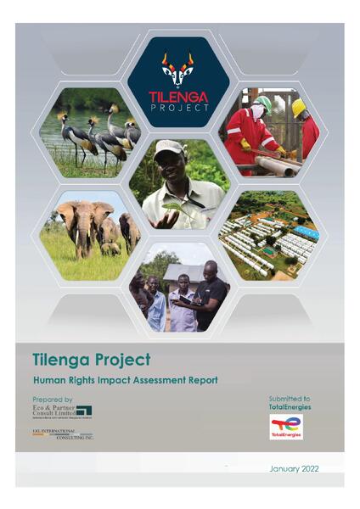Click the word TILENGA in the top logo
click(x=178, y=95)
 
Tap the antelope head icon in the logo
click(x=178, y=68)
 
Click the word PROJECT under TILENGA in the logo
click(x=178, y=108)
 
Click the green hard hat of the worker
click(x=264, y=103)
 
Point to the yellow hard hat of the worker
click(x=299, y=107)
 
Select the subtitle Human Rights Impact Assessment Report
click(x=126, y=379)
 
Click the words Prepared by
click(x=53, y=399)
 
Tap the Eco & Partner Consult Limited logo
click(x=62, y=411)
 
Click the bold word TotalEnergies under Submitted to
click(x=285, y=407)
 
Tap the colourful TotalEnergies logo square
click(x=286, y=427)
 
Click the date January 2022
click(x=293, y=469)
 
